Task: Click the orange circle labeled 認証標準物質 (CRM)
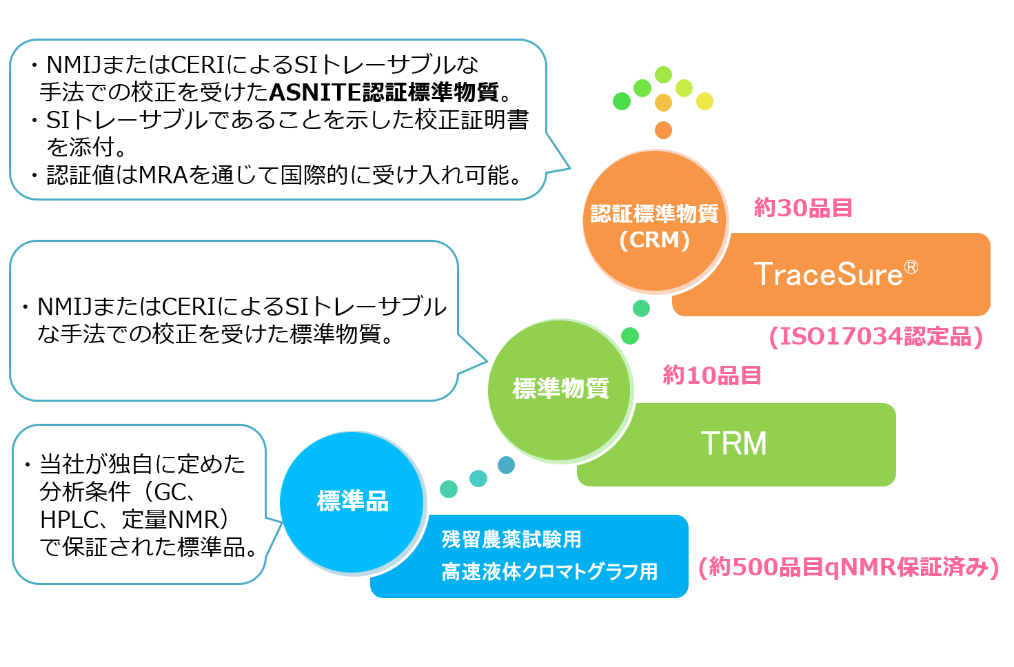[x=655, y=222]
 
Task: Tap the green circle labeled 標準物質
[x=560, y=390]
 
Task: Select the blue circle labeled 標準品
[x=352, y=502]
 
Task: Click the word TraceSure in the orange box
[x=828, y=275]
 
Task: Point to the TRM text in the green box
[x=733, y=444]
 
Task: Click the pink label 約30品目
[x=803, y=207]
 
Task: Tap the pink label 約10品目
[x=712, y=375]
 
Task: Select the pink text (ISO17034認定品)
[x=875, y=336]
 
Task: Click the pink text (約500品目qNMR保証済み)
[x=848, y=567]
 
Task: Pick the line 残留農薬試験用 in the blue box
[x=511, y=540]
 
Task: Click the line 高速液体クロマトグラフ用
[x=549, y=572]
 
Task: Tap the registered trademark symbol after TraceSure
[x=911, y=267]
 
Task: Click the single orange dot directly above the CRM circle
[x=663, y=130]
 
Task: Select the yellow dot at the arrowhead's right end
[x=704, y=101]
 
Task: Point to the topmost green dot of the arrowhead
[x=663, y=74]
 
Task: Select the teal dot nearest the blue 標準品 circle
[x=449, y=489]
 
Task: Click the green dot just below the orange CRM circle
[x=641, y=308]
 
